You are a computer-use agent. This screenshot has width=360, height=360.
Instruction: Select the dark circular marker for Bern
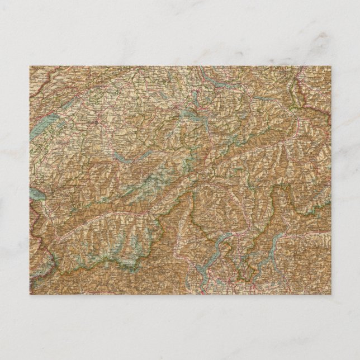(96, 120)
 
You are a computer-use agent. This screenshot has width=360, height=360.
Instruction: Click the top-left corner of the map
(29, 66)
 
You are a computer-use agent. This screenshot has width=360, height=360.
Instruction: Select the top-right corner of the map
(331, 66)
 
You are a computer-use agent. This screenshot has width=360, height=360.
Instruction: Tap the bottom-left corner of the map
(29, 294)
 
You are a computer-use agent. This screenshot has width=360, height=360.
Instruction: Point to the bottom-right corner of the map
(331, 294)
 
